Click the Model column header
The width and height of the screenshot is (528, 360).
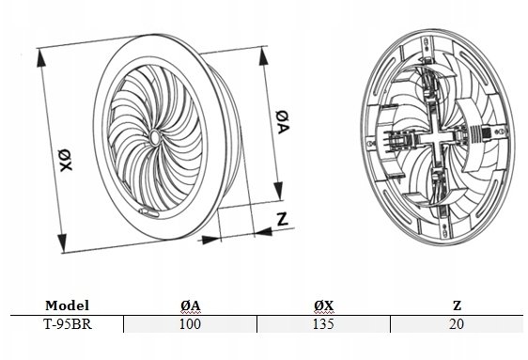[67, 305]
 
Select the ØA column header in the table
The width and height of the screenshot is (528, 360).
[191, 305]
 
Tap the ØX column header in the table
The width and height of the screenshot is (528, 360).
[323, 305]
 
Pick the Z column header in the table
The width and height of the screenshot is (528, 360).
[457, 305]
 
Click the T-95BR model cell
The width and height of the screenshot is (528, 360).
[68, 324]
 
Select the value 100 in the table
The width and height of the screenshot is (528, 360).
[190, 324]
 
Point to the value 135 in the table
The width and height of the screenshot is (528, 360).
[323, 324]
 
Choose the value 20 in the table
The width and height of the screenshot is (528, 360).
[457, 324]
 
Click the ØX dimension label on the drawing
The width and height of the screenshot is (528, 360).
[66, 160]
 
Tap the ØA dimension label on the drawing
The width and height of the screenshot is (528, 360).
[282, 121]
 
